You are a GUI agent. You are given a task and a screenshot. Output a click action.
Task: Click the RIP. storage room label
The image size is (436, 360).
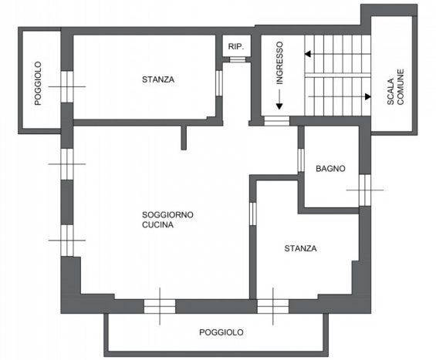pos(236,47)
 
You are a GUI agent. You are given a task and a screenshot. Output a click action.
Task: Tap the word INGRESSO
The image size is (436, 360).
pos(279,62)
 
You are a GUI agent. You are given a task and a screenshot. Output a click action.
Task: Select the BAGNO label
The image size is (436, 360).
pos(330,168)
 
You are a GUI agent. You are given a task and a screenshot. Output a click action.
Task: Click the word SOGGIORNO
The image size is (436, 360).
pos(167,215)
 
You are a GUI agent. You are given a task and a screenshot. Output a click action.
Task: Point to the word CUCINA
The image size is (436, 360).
pos(157,225)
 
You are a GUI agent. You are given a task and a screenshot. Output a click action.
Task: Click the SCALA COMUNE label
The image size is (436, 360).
pos(395,87)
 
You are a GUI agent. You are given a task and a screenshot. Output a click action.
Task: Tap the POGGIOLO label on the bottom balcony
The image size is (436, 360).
pos(221,332)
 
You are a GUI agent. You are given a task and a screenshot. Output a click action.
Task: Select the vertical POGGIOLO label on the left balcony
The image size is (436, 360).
pos(38,83)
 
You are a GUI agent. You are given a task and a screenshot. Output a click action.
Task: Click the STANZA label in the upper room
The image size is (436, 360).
pos(158,79)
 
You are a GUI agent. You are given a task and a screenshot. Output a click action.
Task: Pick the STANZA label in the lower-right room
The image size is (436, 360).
pos(300,248)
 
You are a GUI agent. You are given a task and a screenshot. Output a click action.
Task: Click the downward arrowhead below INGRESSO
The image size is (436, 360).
pos(279,106)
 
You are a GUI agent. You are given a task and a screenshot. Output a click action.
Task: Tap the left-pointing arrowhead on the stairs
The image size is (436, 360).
pos(308,54)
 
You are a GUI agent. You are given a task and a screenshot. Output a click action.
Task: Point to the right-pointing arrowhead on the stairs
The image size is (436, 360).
pos(368,96)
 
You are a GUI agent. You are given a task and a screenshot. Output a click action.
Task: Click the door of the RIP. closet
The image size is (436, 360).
pos(238,59)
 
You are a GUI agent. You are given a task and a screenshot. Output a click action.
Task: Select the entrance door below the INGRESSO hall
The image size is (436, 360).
pos(277,121)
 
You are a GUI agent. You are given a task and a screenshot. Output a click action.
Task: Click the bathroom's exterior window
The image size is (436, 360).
pos(365,190)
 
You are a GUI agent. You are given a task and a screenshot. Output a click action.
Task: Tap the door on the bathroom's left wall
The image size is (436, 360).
pos(301,160)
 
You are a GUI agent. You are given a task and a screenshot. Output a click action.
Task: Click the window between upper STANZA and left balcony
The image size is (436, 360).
pos(67,86)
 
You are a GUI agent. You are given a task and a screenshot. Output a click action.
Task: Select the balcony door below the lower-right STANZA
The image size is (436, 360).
pos(272,306)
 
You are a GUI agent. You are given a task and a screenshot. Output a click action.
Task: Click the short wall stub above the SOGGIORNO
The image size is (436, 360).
pos(184,138)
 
